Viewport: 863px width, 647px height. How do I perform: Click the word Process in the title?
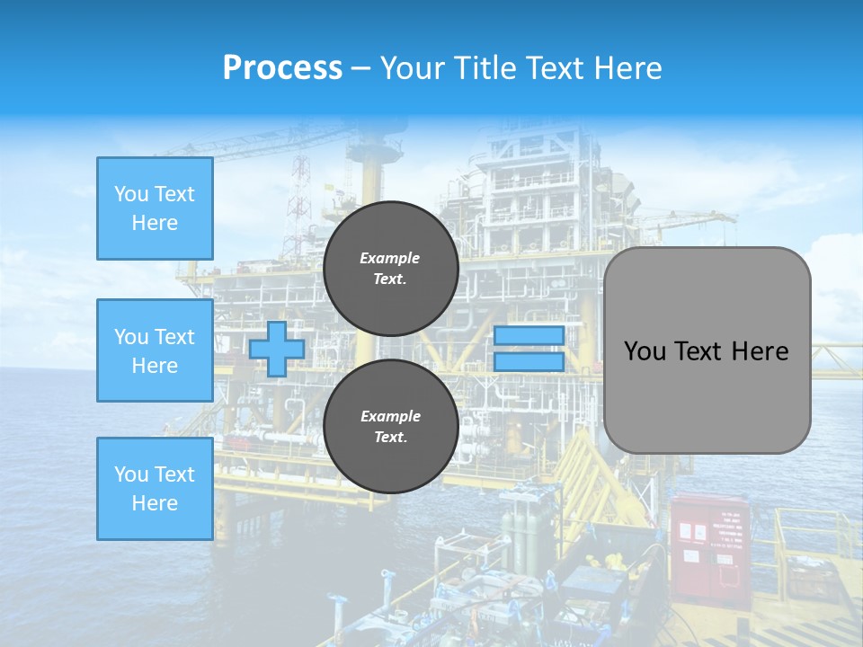[282, 68]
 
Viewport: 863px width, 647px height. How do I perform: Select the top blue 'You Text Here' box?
[155, 208]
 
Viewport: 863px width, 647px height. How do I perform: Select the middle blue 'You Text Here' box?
[155, 350]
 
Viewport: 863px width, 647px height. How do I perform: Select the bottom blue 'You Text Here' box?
[155, 489]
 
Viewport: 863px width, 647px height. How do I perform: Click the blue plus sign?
[277, 349]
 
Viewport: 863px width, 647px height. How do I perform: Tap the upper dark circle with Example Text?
[390, 269]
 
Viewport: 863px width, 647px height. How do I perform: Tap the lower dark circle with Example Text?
[390, 427]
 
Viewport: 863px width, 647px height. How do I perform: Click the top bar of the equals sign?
[529, 335]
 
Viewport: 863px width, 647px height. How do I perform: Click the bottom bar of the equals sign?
[529, 361]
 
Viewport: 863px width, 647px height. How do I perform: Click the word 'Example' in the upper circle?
[390, 258]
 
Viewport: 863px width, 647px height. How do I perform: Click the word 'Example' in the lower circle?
[390, 416]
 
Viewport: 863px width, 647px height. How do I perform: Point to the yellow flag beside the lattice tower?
[329, 188]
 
